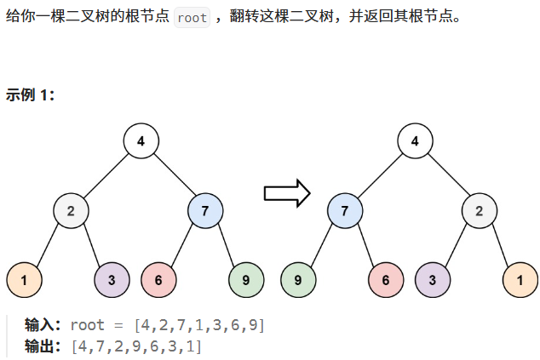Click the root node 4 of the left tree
[141, 141]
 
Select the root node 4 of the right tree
[415, 141]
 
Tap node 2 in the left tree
[72, 210]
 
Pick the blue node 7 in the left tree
[205, 210]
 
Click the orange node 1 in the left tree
[24, 279]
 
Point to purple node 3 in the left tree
[112, 279]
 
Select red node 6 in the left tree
[159, 279]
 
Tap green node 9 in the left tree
[246, 279]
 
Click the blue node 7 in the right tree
[345, 210]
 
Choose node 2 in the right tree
[480, 210]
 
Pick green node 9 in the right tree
[298, 279]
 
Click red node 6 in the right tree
[386, 279]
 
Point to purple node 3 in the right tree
[433, 279]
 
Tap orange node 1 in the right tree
[520, 279]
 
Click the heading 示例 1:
[31, 94]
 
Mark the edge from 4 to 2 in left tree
[106, 175]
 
